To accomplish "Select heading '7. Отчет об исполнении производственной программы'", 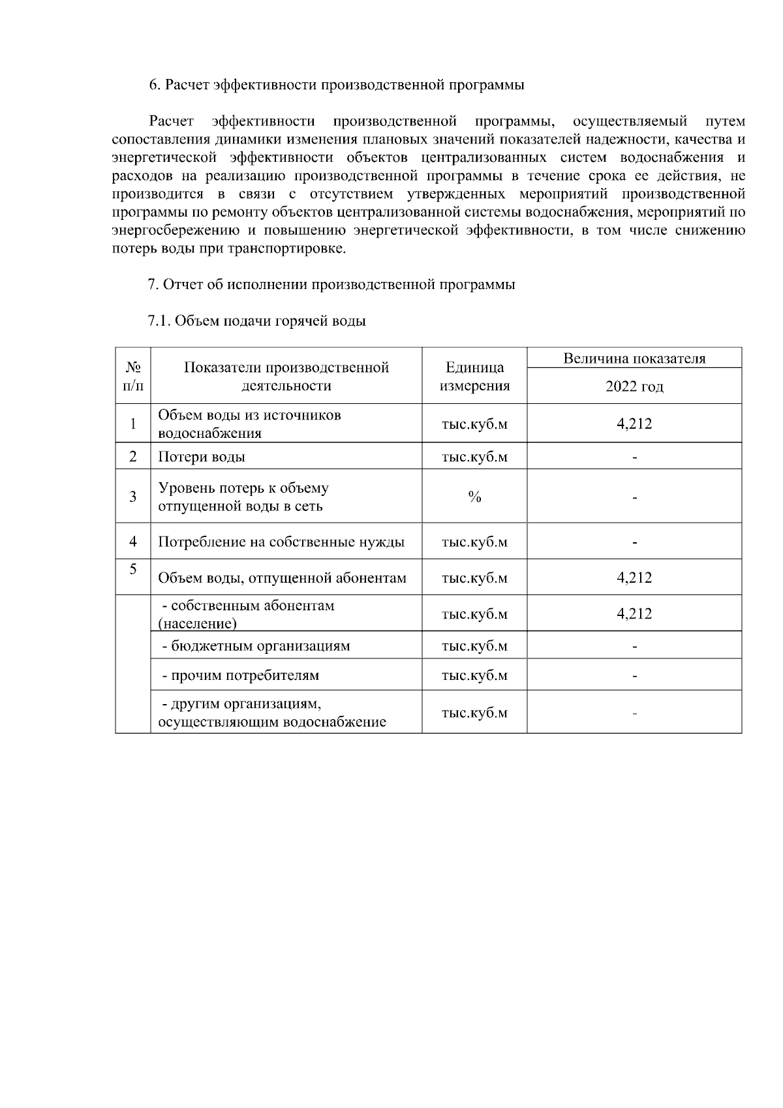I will pyautogui.click(x=331, y=285).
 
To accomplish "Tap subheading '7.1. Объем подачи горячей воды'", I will pyautogui.click(x=256, y=321).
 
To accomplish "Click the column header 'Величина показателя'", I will pyautogui.click(x=634, y=358).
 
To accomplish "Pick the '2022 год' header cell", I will pyautogui.click(x=634, y=386).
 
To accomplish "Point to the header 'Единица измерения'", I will pyautogui.click(x=474, y=377).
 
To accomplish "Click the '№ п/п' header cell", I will pyautogui.click(x=133, y=377).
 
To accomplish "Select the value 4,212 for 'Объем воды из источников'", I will pyautogui.click(x=634, y=423).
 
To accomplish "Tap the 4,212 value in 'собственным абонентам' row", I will pyautogui.click(x=634, y=613).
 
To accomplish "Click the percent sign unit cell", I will pyautogui.click(x=474, y=497).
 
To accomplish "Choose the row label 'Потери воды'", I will pyautogui.click(x=202, y=457).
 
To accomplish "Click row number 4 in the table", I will pyautogui.click(x=133, y=542).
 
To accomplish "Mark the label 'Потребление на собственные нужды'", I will pyautogui.click(x=281, y=542).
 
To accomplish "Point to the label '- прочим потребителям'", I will pyautogui.click(x=240, y=675).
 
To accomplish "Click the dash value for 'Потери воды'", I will pyautogui.click(x=634, y=457).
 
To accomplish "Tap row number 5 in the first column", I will pyautogui.click(x=133, y=569).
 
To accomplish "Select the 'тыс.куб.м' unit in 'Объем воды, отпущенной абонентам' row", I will pyautogui.click(x=474, y=578).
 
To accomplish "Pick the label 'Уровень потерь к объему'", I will pyautogui.click(x=243, y=488).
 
